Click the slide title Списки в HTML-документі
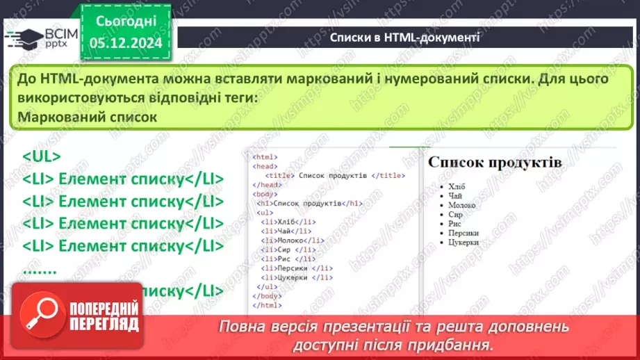coord(404,37)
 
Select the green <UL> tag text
coord(42,157)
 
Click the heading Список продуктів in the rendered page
coord(495,162)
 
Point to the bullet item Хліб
coord(457,186)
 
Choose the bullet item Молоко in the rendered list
coord(462,205)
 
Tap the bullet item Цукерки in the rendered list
coord(463,243)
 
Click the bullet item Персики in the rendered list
coord(463,234)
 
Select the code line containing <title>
coord(335,175)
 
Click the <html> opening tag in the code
coord(265,157)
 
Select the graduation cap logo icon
coord(23,36)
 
